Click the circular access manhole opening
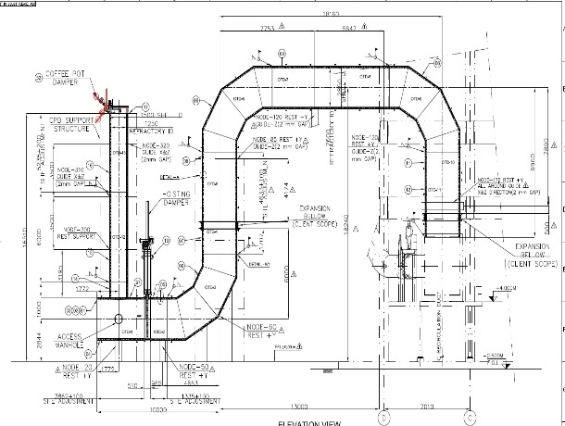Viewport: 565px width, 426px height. (119, 319)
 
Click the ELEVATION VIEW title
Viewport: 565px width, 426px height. (310, 421)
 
